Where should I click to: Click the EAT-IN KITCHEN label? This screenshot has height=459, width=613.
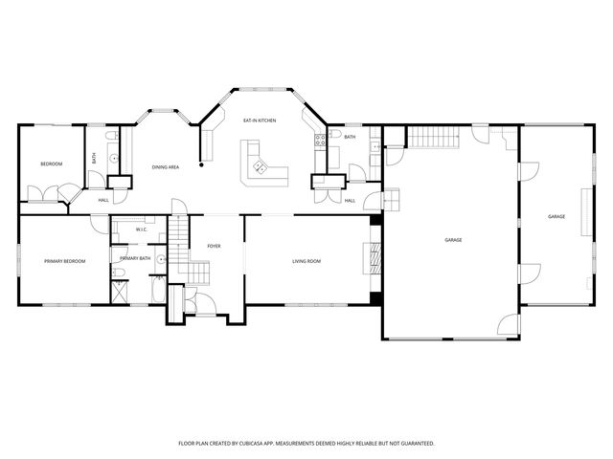(260, 120)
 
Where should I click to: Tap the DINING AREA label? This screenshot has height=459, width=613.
(166, 167)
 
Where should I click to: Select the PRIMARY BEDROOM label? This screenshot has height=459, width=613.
(64, 261)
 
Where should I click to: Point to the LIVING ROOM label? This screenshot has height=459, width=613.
(306, 261)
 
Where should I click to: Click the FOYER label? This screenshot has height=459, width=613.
(214, 247)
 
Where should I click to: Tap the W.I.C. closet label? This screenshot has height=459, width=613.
(142, 229)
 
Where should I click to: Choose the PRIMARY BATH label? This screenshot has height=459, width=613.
(135, 258)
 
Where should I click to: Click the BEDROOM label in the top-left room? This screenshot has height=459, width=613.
(52, 164)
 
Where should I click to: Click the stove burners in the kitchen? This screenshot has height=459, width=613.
(320, 141)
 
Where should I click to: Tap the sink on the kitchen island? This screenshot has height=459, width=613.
(261, 167)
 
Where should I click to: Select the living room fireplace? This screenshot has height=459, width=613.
(375, 258)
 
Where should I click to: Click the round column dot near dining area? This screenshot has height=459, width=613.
(201, 165)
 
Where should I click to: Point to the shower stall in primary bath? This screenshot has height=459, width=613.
(120, 292)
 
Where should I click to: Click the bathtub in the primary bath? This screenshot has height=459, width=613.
(158, 289)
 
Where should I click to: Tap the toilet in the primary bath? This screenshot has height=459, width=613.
(119, 272)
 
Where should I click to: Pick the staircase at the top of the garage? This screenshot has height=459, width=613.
(434, 137)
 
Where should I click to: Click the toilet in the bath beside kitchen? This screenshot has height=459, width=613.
(335, 134)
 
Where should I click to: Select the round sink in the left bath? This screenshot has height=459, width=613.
(114, 159)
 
